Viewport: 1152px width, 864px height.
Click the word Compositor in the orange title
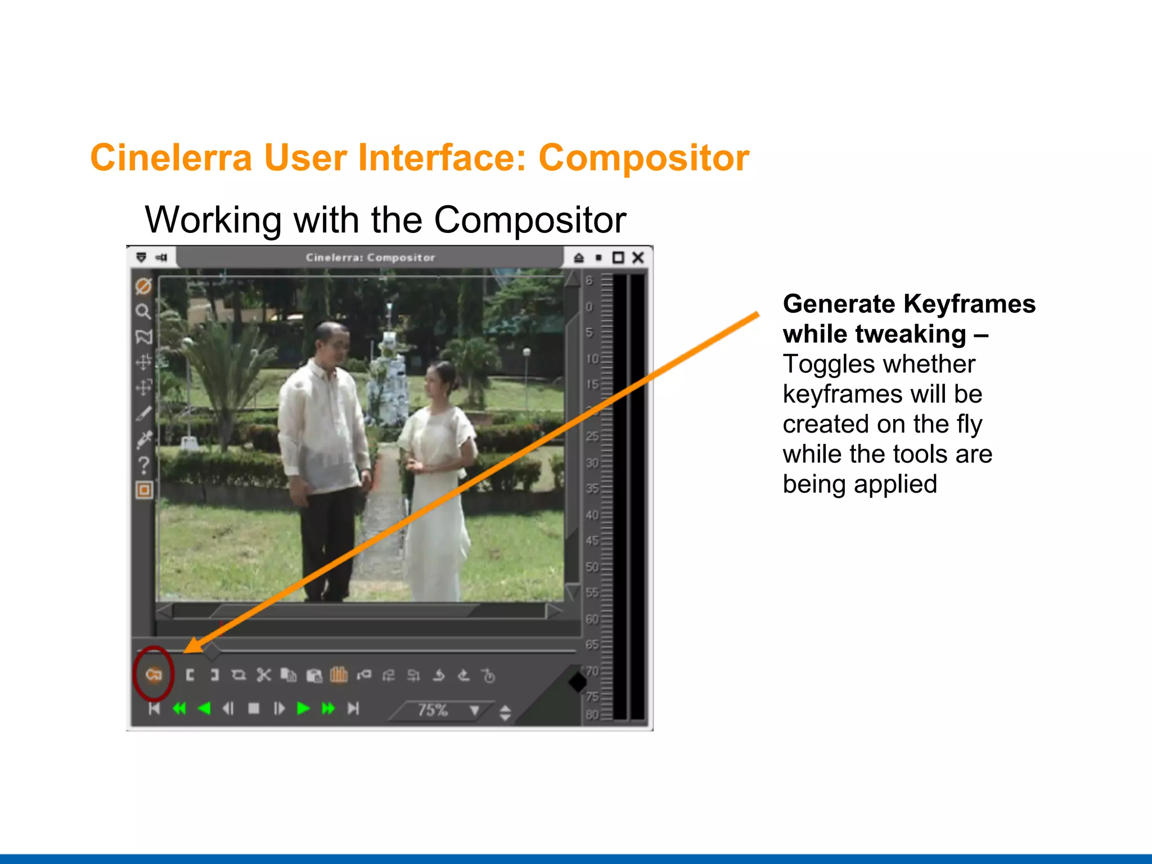click(643, 158)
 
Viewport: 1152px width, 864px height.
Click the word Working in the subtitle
click(213, 220)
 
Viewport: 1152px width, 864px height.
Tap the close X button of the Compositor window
click(638, 258)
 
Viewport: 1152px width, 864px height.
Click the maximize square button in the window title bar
click(618, 258)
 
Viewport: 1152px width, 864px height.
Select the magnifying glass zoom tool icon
click(143, 311)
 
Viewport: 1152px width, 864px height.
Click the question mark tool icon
click(144, 465)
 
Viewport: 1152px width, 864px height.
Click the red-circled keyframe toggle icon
click(154, 674)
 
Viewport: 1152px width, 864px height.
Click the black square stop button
click(254, 708)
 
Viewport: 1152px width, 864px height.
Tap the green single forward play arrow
click(303, 708)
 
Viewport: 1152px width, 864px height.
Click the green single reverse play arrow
click(205, 708)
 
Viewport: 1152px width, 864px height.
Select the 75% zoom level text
click(432, 710)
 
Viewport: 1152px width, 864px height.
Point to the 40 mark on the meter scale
click(592, 515)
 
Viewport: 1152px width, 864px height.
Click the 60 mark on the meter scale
click(592, 619)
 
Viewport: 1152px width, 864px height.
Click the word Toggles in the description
click(822, 364)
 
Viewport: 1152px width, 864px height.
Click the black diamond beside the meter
click(578, 682)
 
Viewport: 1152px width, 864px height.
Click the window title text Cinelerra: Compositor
click(370, 258)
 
